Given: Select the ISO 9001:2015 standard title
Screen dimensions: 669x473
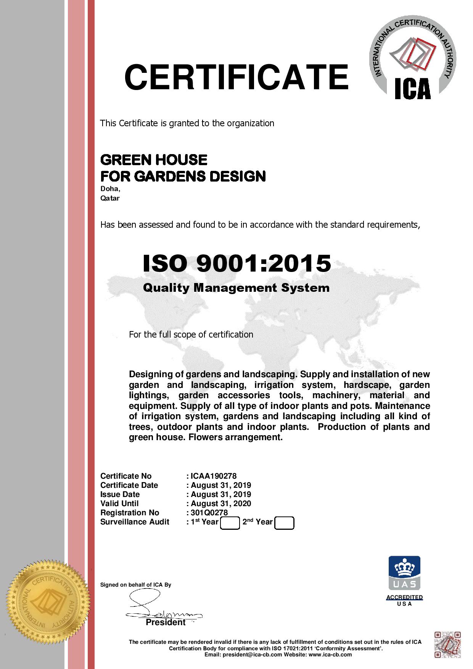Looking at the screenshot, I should point(236,263).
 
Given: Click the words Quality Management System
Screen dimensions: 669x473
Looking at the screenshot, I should point(236,288).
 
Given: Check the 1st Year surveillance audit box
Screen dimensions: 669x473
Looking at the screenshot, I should point(230,523).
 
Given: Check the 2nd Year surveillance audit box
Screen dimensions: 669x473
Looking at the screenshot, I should point(284,523).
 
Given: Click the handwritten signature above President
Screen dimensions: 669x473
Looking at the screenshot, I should point(160,606).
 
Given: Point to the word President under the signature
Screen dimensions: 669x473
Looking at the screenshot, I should point(166,622).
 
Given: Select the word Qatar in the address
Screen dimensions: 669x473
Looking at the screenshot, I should point(110,198).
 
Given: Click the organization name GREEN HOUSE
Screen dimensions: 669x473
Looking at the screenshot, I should point(154,159).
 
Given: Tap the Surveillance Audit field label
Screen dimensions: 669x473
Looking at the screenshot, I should point(135,522).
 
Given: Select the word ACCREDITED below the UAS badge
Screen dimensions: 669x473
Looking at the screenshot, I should point(404,597).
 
